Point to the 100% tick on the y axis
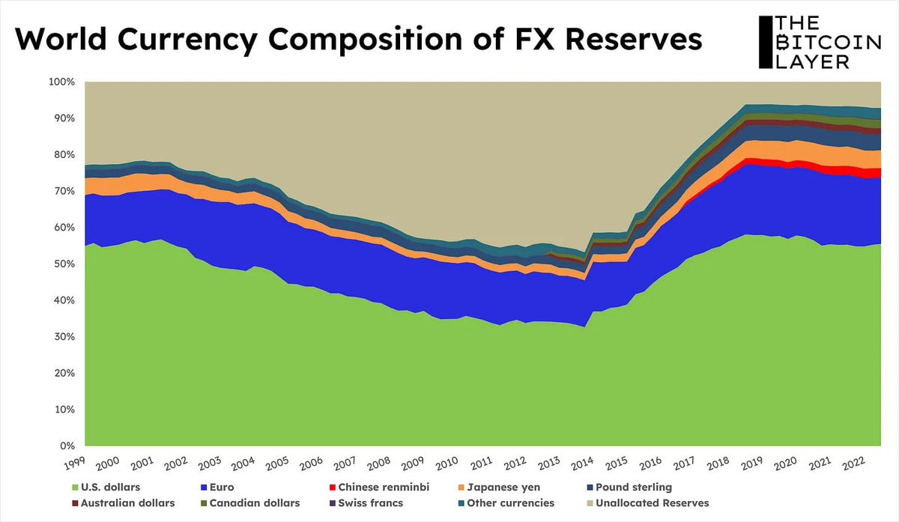tap(61, 82)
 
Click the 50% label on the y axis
tap(64, 264)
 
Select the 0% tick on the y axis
tap(67, 446)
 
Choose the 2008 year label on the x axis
tap(378, 465)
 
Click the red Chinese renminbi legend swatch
tap(331, 487)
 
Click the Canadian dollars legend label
tap(254, 503)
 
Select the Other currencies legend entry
tap(510, 503)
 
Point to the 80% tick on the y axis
tap(64, 155)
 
